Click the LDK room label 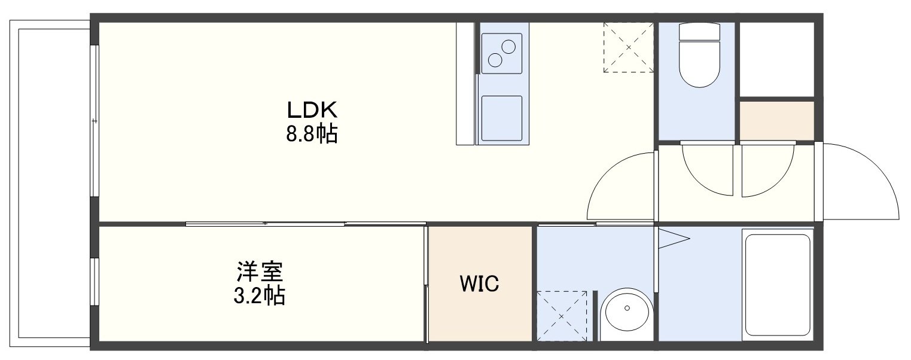click(x=312, y=110)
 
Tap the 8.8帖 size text click(x=312, y=134)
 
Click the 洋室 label click(x=260, y=271)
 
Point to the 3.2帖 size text click(x=260, y=296)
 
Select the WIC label click(x=480, y=283)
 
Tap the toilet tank click(x=699, y=31)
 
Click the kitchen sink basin click(x=501, y=118)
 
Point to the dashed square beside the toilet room click(x=628, y=48)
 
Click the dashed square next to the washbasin click(x=562, y=316)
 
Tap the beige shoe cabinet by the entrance click(x=777, y=120)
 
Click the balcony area click(x=50, y=182)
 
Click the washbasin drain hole click(x=627, y=309)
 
